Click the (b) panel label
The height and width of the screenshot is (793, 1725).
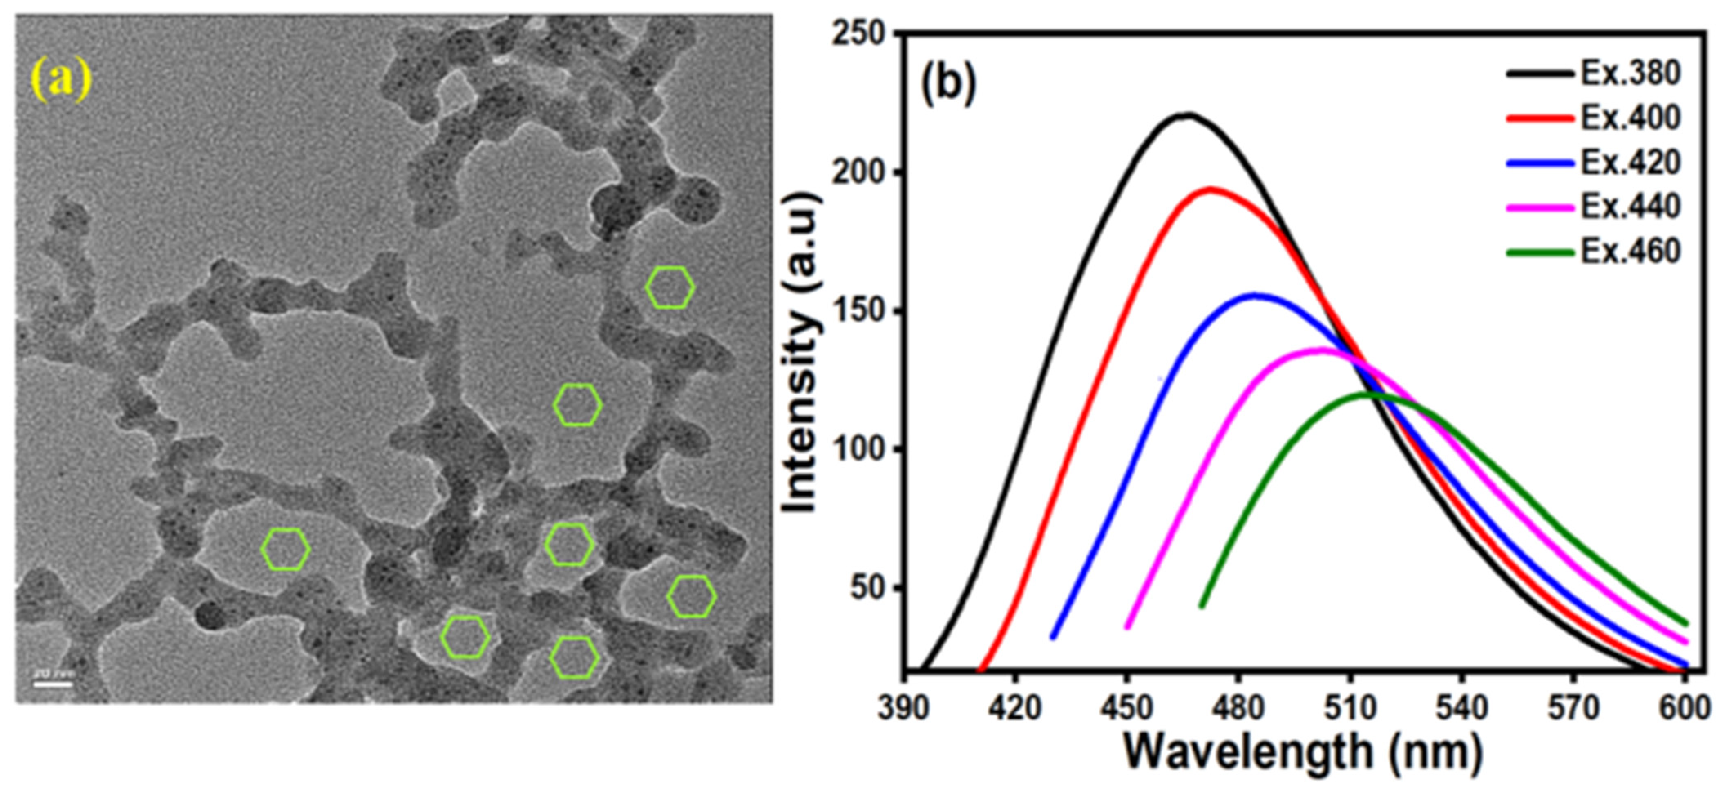click(x=949, y=85)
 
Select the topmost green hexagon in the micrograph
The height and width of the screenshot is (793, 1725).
click(x=670, y=287)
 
